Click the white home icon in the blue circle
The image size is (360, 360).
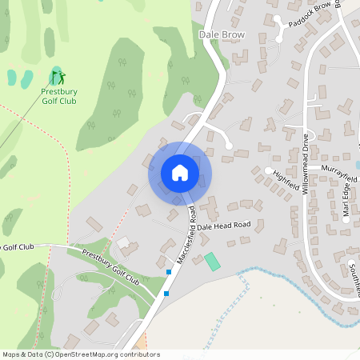coord(180,173)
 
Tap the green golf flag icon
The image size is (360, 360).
coord(58,78)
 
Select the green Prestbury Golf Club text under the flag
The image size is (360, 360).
coord(59,97)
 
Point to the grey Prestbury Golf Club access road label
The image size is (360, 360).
coord(110,269)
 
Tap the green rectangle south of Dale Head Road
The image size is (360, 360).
coord(212,262)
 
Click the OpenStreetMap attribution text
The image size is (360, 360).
coord(80,354)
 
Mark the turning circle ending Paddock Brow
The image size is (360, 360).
coord(277,18)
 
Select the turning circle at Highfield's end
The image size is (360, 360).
coord(268,170)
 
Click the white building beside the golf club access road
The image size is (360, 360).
coord(123,242)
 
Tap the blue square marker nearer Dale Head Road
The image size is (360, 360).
coord(169,273)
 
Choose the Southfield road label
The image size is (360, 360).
coord(353,272)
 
